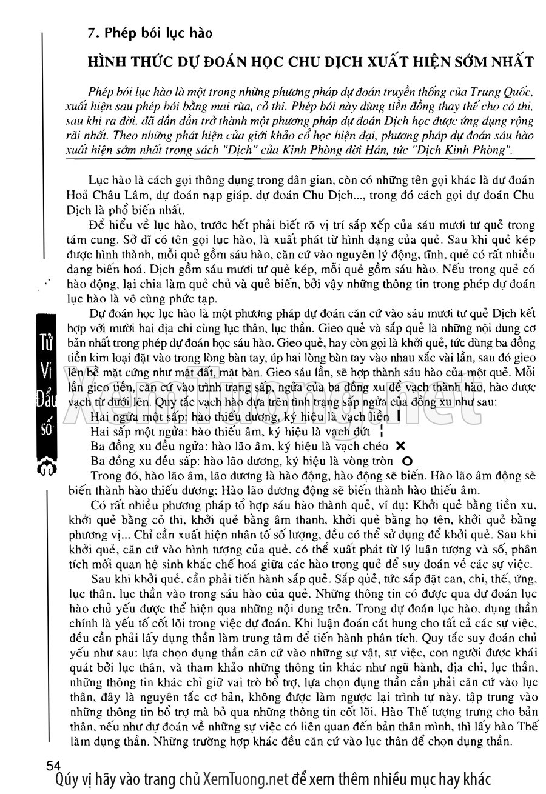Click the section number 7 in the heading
click(91, 33)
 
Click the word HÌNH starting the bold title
click(109, 61)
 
